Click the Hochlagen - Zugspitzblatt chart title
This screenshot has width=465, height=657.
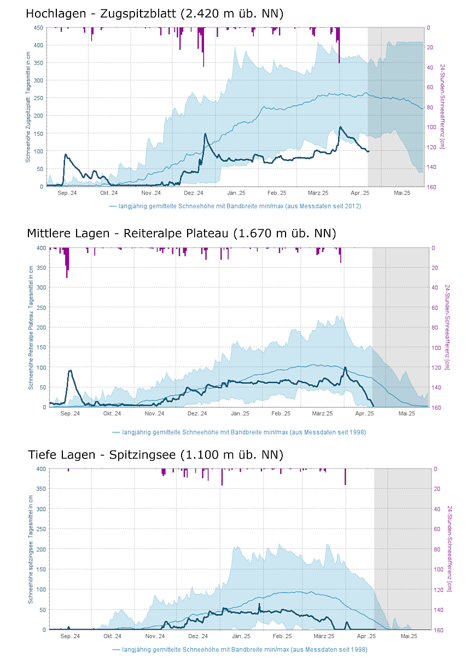pyautogui.click(x=154, y=14)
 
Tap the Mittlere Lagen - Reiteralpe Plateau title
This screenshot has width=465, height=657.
pyautogui.click(x=181, y=234)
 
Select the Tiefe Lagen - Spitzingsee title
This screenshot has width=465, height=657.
pyautogui.click(x=155, y=455)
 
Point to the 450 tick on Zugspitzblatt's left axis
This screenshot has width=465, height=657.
pyautogui.click(x=38, y=27)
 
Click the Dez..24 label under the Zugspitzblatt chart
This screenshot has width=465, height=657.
pyautogui.click(x=193, y=193)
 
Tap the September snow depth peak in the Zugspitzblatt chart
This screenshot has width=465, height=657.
pyautogui.click(x=65, y=155)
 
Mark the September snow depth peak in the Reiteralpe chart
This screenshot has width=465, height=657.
pyautogui.click(x=70, y=371)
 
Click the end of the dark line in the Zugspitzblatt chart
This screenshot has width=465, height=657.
pyautogui.click(x=369, y=151)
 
